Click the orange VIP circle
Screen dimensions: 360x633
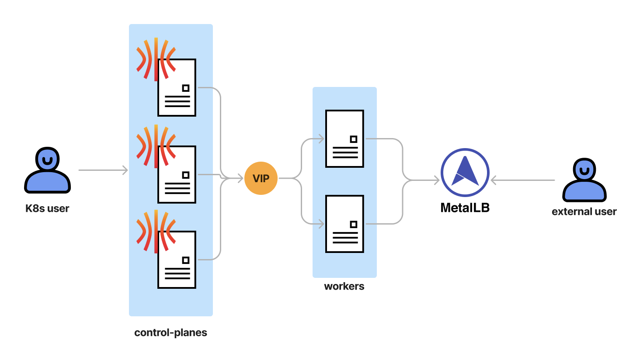261,178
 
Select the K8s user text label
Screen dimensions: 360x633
47,208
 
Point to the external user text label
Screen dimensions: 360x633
584,212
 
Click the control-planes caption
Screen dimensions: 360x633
170,332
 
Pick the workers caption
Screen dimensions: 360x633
344,287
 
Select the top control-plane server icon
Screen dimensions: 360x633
177,87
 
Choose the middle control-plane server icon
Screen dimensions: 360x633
177,174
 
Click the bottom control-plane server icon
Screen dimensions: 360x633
177,260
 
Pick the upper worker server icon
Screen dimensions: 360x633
344,138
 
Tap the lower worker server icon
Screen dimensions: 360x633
344,224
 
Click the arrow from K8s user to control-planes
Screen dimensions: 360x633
103,170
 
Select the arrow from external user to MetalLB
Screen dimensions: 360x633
522,180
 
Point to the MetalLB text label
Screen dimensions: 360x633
465,208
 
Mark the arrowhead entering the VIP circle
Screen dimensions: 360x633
240,178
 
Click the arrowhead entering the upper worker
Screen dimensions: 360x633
321,139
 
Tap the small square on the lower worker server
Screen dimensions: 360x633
354,224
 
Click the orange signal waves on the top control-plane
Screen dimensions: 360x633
156,59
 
